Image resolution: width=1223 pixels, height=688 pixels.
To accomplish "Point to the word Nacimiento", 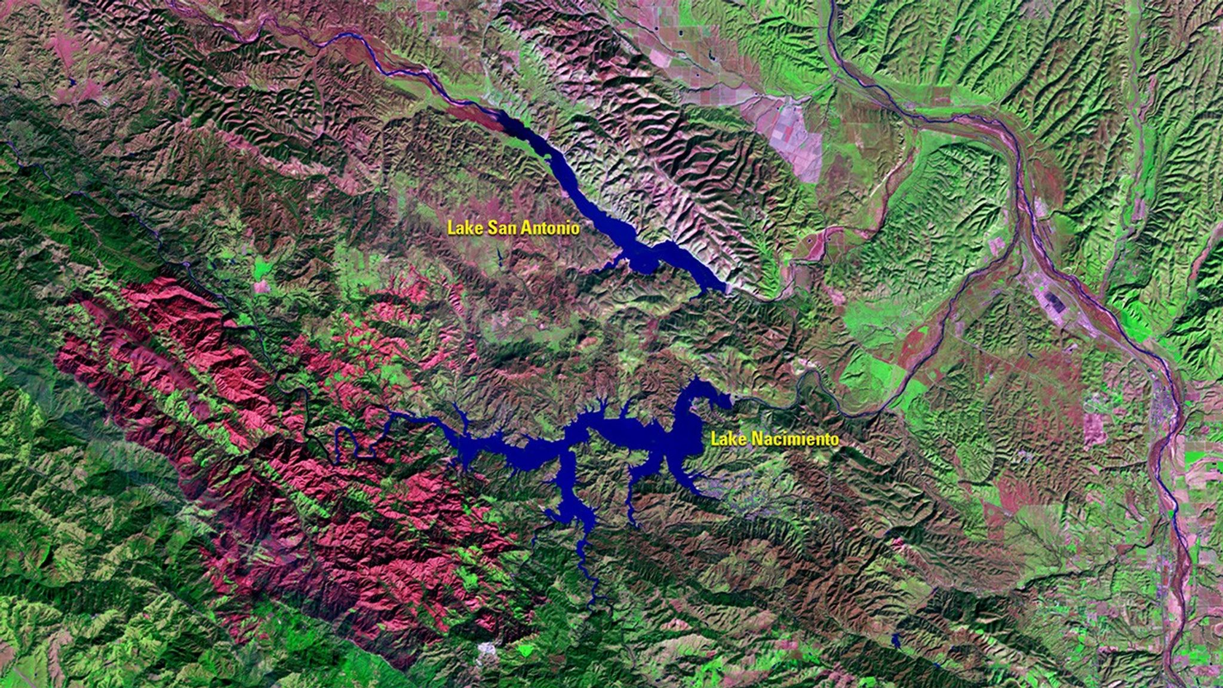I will click(x=795, y=440).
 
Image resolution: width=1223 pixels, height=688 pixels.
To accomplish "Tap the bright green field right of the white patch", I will click(x=526, y=648).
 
